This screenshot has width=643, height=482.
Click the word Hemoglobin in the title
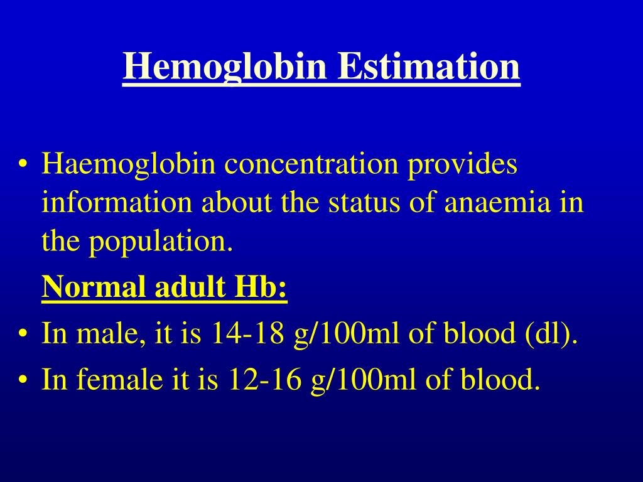[x=225, y=67]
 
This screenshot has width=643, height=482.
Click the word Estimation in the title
[x=430, y=67]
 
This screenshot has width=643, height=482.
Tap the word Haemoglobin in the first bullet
[x=129, y=165]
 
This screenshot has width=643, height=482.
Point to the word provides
[x=463, y=165]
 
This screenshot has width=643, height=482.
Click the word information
[x=117, y=203]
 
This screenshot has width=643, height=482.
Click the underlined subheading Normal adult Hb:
[x=165, y=288]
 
